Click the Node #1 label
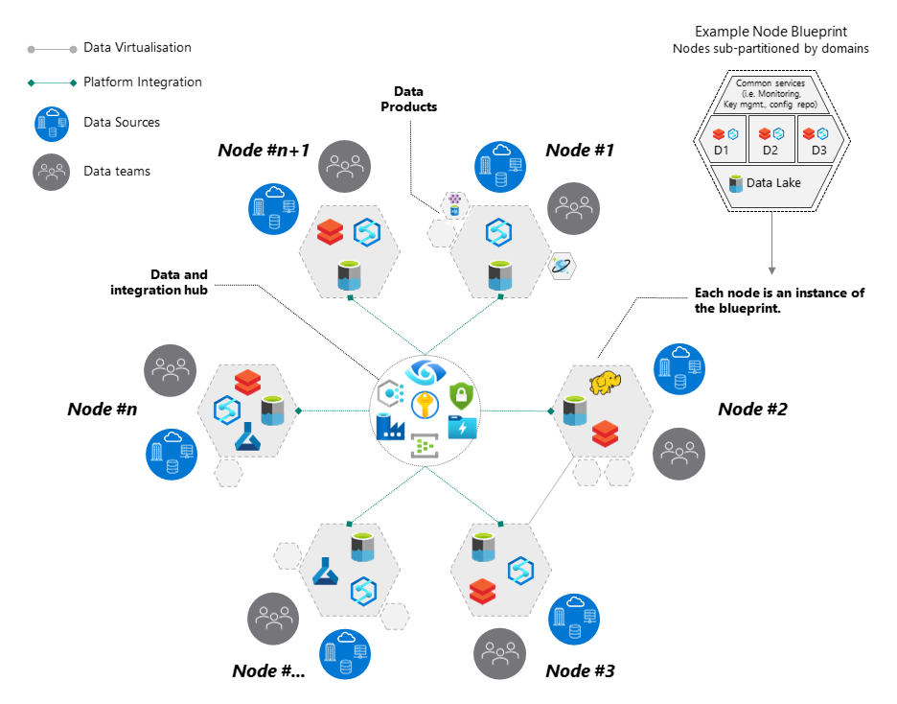(580, 150)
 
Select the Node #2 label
(752, 409)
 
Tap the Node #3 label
(580, 670)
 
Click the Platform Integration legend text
(143, 82)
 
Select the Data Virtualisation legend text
(137, 47)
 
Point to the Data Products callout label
(408, 100)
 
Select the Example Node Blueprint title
(770, 32)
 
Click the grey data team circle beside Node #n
(171, 369)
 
